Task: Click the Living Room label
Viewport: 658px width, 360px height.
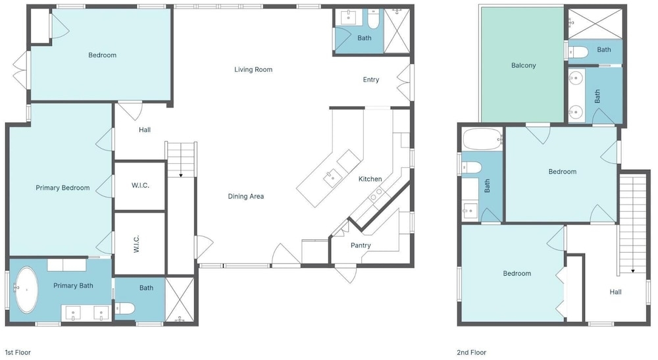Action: pyautogui.click(x=253, y=70)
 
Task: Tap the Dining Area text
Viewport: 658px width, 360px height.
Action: pyautogui.click(x=246, y=196)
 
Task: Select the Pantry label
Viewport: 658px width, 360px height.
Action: pyautogui.click(x=361, y=245)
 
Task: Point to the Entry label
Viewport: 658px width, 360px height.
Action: pyautogui.click(x=371, y=80)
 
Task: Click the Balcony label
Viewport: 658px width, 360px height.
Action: pyautogui.click(x=523, y=65)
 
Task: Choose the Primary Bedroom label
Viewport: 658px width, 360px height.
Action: pyautogui.click(x=63, y=188)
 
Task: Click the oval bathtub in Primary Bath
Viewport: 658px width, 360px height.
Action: pyautogui.click(x=27, y=290)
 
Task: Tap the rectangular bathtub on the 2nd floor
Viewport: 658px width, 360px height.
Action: pyautogui.click(x=482, y=139)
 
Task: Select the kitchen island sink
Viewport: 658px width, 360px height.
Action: pyautogui.click(x=332, y=176)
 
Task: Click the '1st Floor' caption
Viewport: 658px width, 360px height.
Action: pyautogui.click(x=18, y=353)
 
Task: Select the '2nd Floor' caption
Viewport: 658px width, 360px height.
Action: pyautogui.click(x=471, y=353)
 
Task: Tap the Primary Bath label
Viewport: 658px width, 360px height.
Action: pyautogui.click(x=73, y=286)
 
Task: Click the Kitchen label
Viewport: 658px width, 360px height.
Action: pyautogui.click(x=370, y=179)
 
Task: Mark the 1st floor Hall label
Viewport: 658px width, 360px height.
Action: pyautogui.click(x=145, y=130)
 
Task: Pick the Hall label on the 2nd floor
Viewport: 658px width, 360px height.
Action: pyautogui.click(x=616, y=292)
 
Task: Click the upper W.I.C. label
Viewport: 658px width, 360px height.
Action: pyautogui.click(x=140, y=186)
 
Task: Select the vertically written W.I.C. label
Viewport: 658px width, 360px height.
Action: pyautogui.click(x=136, y=244)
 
